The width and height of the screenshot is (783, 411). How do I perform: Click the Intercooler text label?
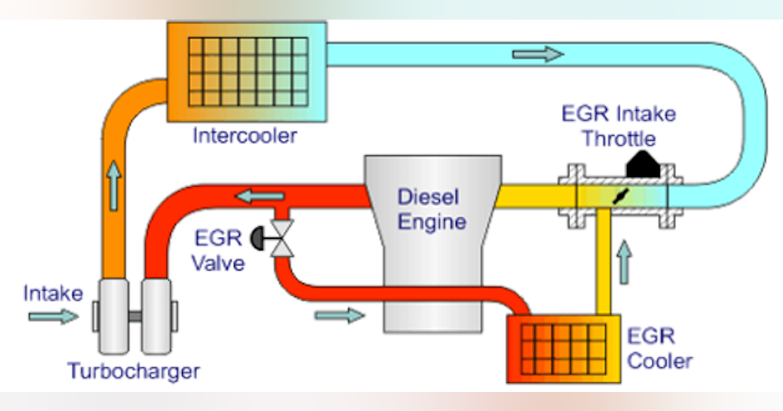coord(245,136)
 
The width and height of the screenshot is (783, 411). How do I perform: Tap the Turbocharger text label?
coord(134,372)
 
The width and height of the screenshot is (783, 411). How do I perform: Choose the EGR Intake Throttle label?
coord(619,127)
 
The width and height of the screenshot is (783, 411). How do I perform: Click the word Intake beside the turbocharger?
coord(54,294)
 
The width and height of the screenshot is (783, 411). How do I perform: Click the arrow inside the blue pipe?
coord(538,53)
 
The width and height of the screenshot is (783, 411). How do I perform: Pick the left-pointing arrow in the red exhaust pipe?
coord(260,194)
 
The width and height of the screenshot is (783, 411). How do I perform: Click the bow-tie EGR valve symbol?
coord(283,239)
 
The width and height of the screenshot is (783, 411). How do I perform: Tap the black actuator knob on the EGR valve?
coord(256,239)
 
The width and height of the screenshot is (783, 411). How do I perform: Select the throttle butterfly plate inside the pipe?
coord(619,197)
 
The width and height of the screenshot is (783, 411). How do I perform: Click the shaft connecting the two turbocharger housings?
coord(134,316)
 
